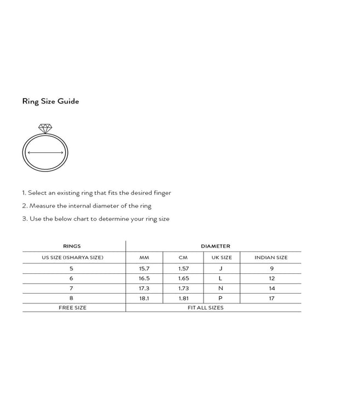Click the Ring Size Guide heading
click(50, 101)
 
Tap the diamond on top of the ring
click(45, 128)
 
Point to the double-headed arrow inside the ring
click(45, 153)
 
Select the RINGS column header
click(72, 246)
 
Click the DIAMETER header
click(215, 246)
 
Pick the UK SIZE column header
click(222, 257)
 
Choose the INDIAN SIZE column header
click(271, 257)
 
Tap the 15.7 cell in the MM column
click(144, 268)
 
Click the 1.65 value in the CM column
click(183, 279)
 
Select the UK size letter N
click(220, 289)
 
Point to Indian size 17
click(271, 298)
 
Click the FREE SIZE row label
click(72, 308)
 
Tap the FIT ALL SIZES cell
click(205, 308)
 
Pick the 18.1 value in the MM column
click(144, 298)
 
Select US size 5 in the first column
click(71, 268)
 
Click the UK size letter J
click(220, 268)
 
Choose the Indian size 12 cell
click(271, 279)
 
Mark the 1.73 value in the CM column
click(183, 289)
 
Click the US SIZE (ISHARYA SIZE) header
click(72, 257)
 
